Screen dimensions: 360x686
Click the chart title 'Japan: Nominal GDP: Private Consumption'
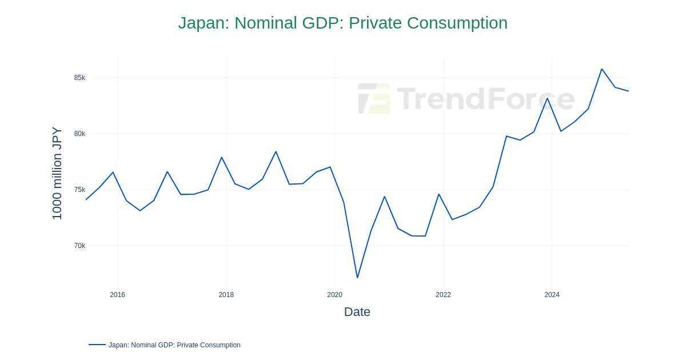point(342,23)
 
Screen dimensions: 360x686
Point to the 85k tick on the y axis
point(79,78)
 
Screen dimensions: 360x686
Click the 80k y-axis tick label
point(79,134)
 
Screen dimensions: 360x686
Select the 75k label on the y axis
point(79,190)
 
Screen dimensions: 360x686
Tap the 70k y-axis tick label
point(79,246)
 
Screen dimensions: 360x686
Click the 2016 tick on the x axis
point(117,295)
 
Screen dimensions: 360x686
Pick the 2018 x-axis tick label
point(226,295)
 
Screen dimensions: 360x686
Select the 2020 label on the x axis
point(334,295)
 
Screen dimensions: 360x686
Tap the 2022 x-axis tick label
point(443,295)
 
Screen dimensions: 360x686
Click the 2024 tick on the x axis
point(552,295)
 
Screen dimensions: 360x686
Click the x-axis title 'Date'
point(357,312)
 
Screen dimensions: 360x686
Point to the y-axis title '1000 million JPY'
point(57,173)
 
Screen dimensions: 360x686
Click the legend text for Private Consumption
point(174,345)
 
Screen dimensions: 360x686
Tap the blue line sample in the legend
point(97,345)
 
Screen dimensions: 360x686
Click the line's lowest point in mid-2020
point(357,278)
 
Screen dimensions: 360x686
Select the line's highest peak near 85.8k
point(601,69)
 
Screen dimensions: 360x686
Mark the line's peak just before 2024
point(547,98)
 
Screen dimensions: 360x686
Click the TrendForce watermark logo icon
point(374,98)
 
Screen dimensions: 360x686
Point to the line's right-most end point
point(628,91)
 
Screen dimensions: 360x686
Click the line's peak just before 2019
point(276,151)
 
